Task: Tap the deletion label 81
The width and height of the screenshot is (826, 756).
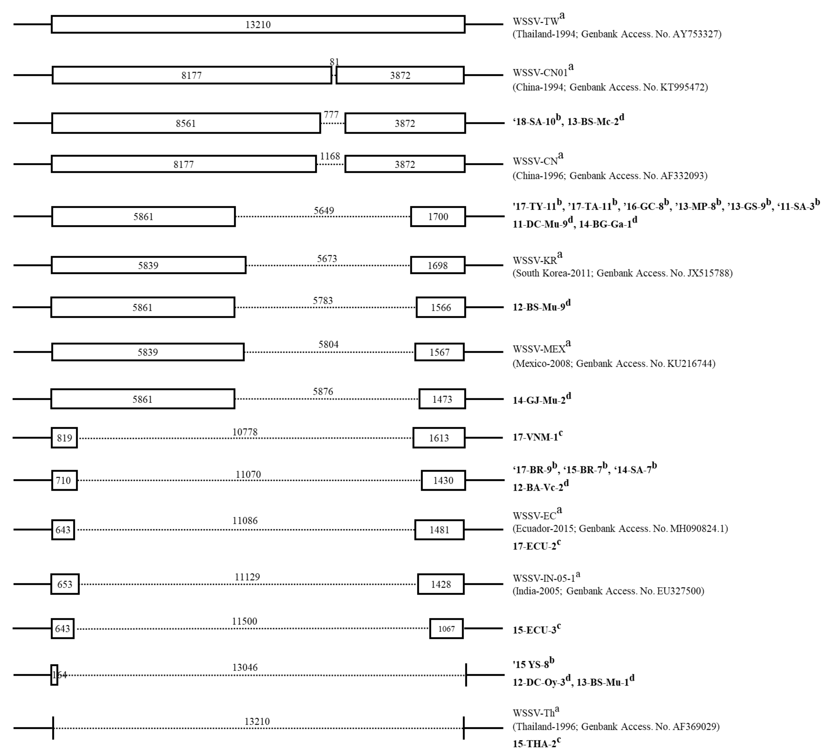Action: tap(334, 62)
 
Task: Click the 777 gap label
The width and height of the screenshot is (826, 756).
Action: tap(331, 115)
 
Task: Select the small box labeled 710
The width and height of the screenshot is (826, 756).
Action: tap(64, 480)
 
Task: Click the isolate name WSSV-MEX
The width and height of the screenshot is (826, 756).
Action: tap(539, 349)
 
